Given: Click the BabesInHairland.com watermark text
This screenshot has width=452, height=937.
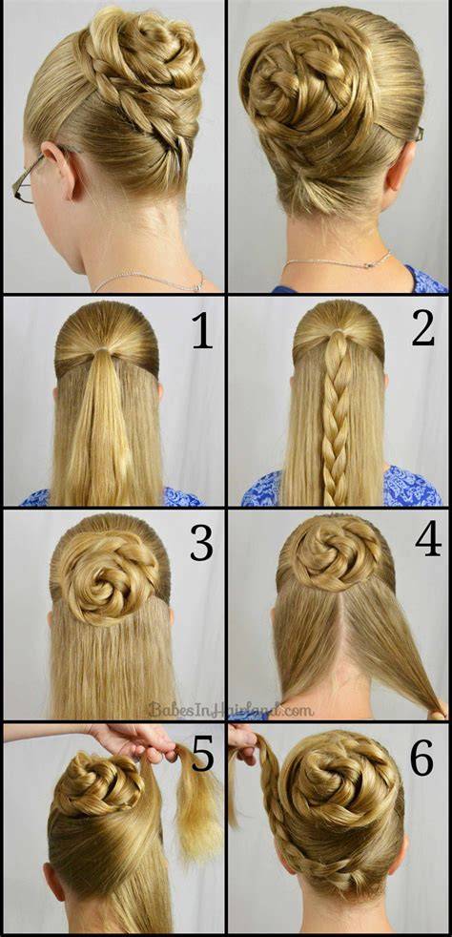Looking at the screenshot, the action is pyautogui.click(x=230, y=710).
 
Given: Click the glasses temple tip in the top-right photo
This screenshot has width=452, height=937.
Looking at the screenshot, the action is pyautogui.click(x=421, y=135).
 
